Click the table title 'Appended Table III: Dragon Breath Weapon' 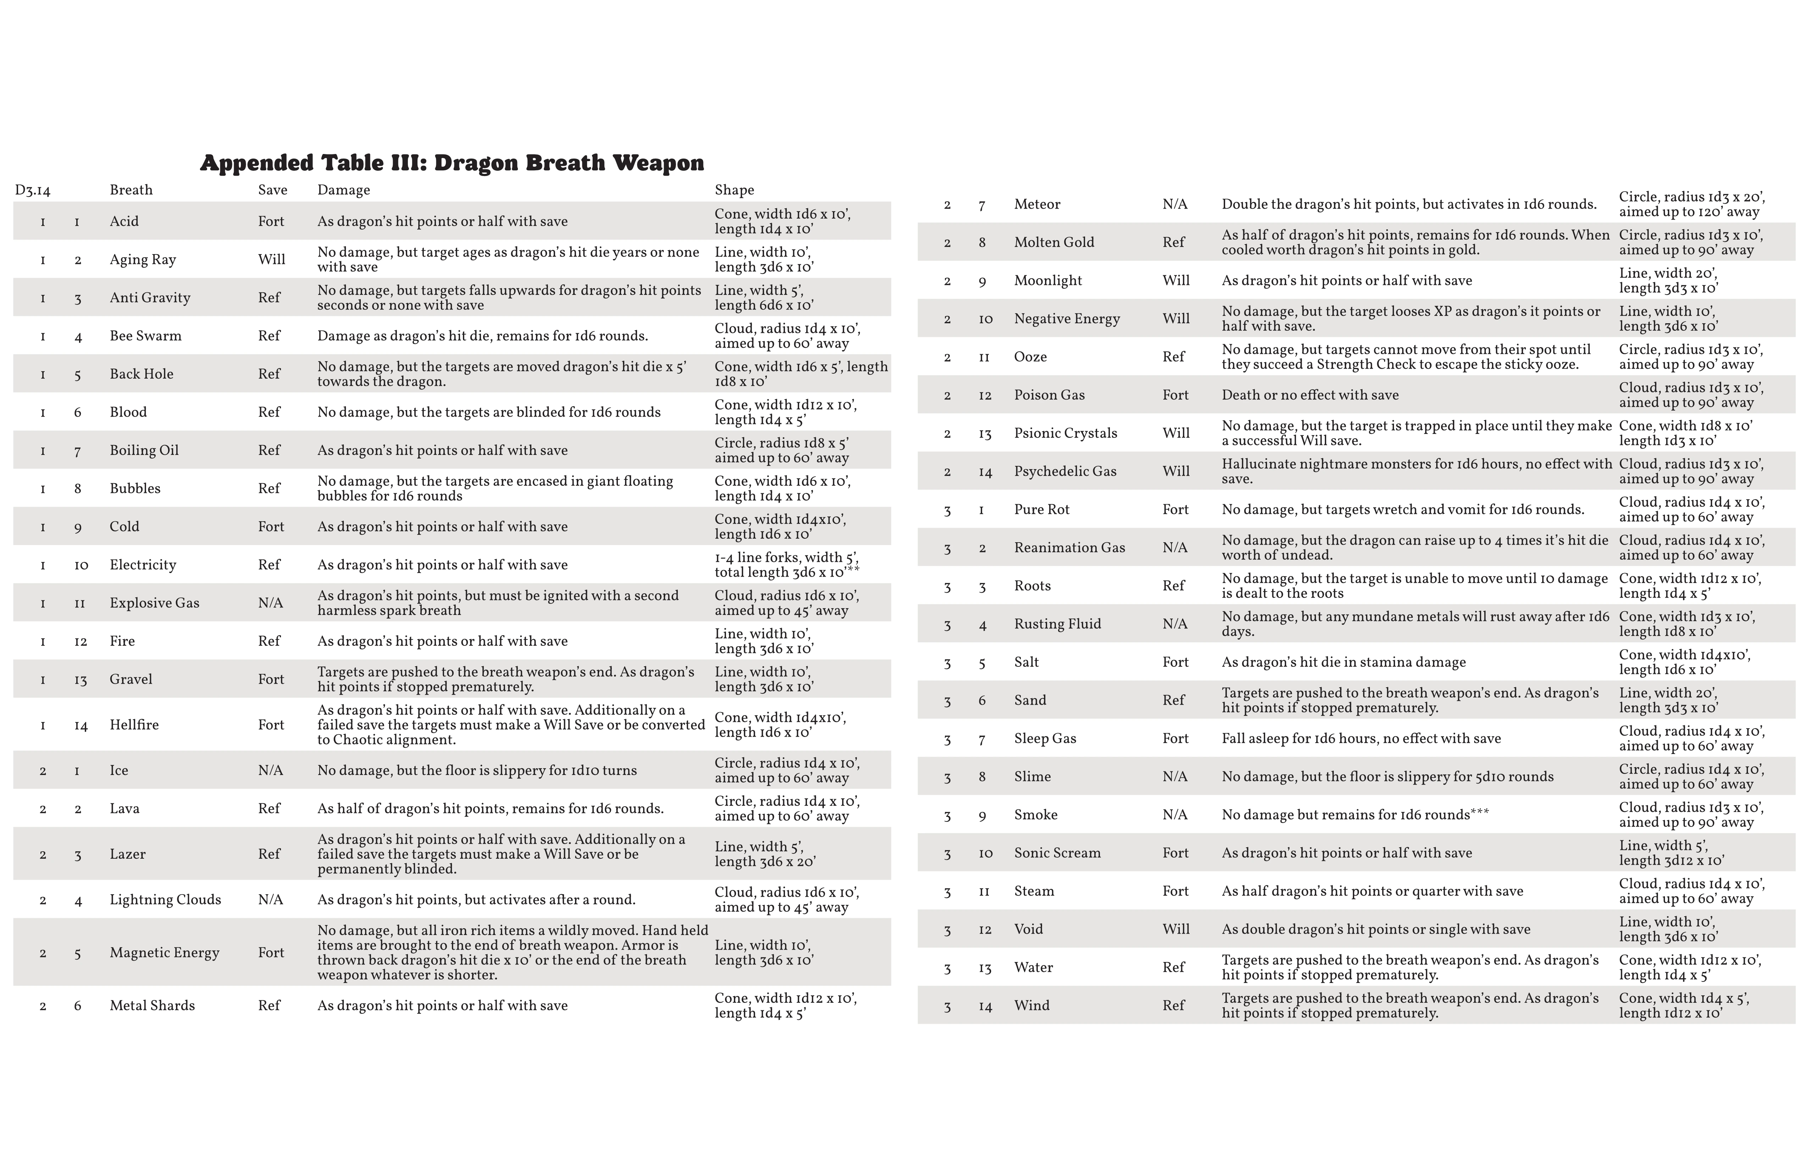(452, 163)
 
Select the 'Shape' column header (734, 190)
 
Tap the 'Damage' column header (344, 190)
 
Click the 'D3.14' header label (33, 190)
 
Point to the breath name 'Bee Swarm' (145, 335)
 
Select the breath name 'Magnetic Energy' (164, 953)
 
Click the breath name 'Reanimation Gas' (1069, 548)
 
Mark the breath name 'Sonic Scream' (1057, 852)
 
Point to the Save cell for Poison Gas (1175, 395)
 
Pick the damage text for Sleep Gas (1361, 738)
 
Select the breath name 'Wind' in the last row (1031, 1005)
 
